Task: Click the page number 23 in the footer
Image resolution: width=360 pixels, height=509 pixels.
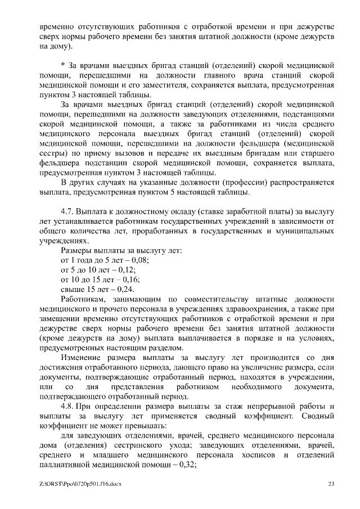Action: [331, 484]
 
